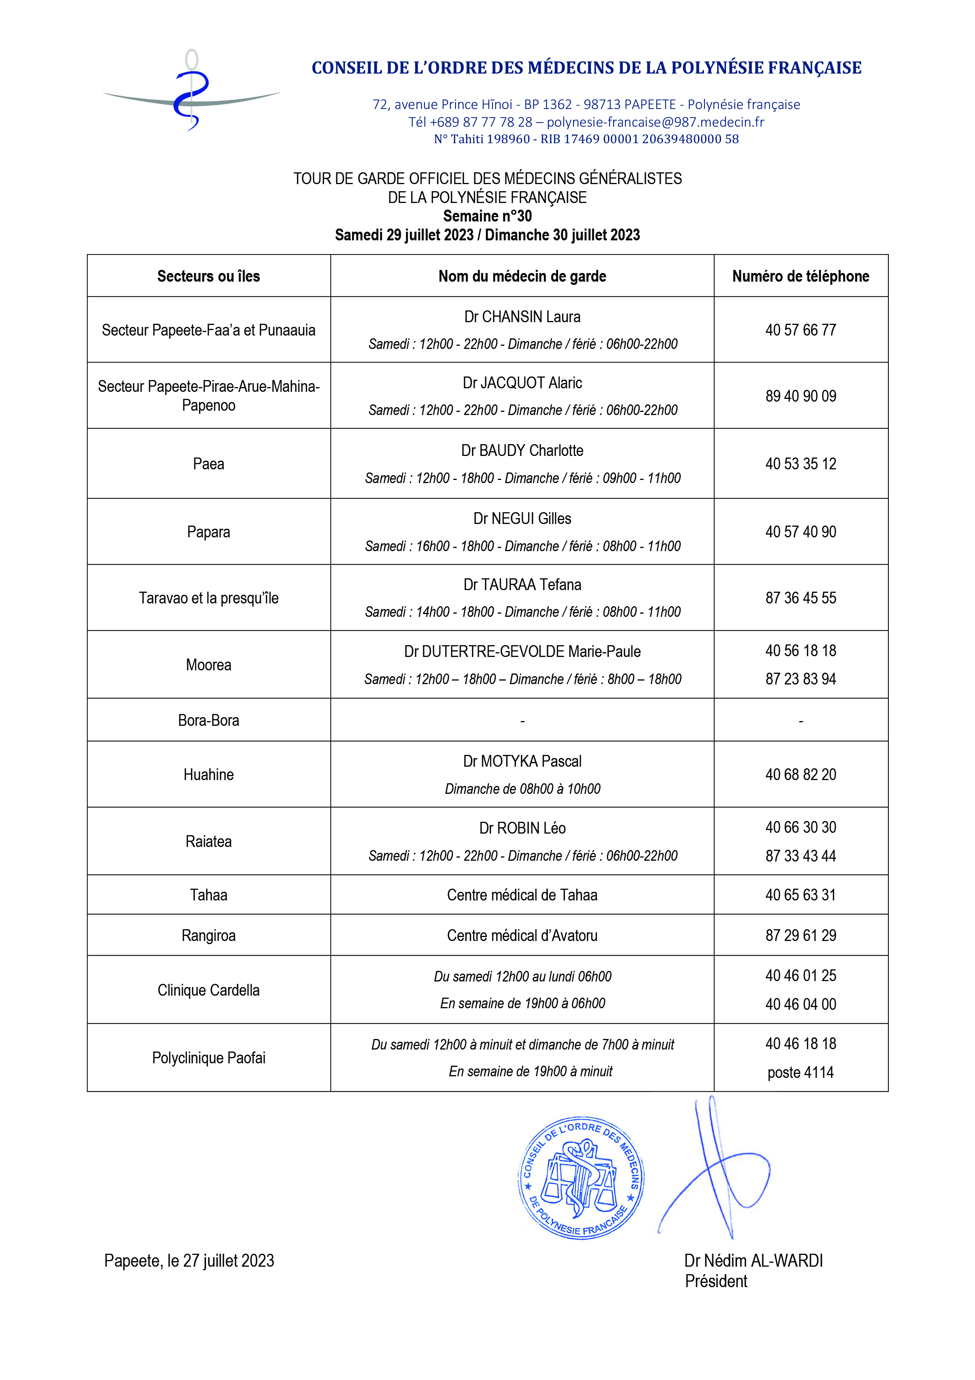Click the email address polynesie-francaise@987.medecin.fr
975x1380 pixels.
[x=655, y=122]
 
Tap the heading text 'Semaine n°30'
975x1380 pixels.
[x=487, y=216]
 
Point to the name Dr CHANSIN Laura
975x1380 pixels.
[x=522, y=317]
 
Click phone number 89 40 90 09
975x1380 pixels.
[x=800, y=396]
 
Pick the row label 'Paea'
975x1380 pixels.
[x=208, y=464]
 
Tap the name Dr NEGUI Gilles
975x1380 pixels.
[x=522, y=519]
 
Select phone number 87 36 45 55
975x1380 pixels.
[x=800, y=598]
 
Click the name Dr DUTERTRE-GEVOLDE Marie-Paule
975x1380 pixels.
[x=522, y=651]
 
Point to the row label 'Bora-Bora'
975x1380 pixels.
[x=208, y=720]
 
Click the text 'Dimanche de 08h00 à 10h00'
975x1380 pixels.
[x=522, y=789]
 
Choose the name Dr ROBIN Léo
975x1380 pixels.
[x=522, y=828]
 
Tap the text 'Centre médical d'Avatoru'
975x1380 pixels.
[x=522, y=935]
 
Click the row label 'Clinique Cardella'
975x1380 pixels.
[x=208, y=990]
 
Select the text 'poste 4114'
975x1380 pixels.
[x=800, y=1072]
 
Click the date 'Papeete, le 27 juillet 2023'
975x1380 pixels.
[x=189, y=1260]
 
